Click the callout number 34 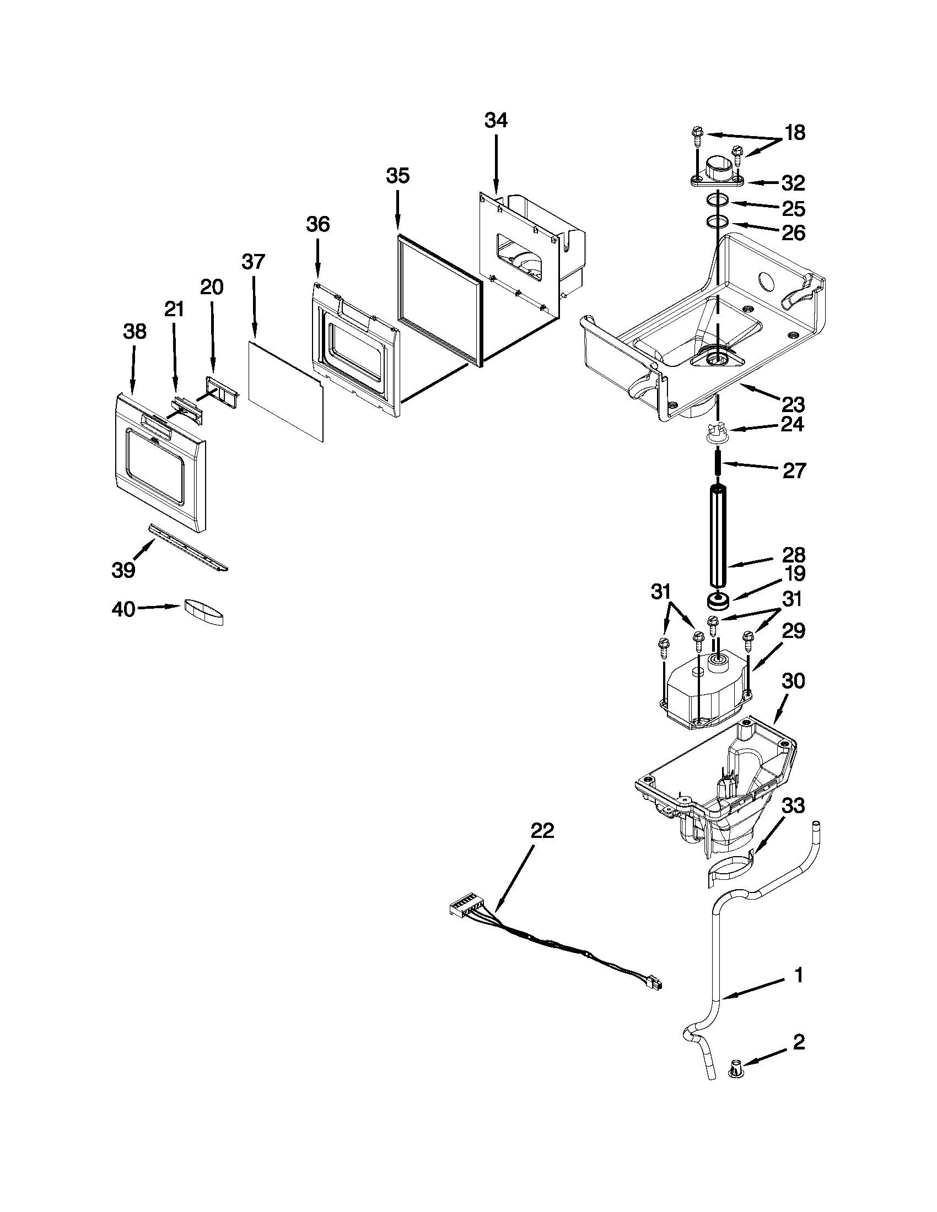click(x=496, y=120)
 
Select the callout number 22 click(x=542, y=831)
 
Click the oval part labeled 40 click(x=204, y=612)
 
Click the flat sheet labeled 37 click(x=286, y=391)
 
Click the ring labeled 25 click(x=718, y=201)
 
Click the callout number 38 click(x=134, y=332)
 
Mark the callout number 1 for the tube click(x=798, y=975)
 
